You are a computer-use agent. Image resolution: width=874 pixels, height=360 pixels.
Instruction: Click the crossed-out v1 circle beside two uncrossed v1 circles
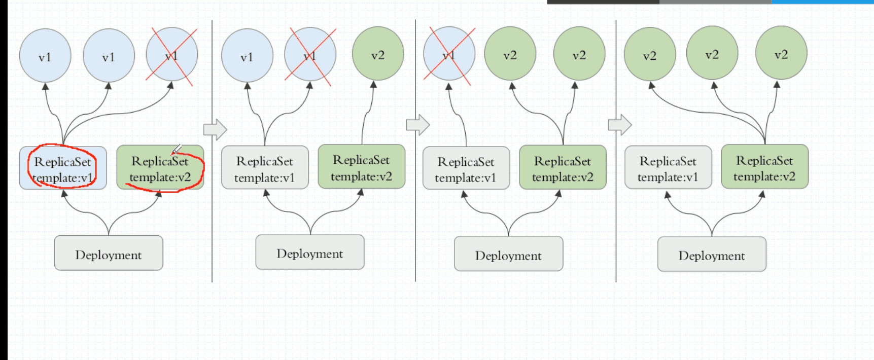point(171,55)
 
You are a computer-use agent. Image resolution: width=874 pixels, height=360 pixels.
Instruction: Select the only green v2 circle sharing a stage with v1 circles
point(377,54)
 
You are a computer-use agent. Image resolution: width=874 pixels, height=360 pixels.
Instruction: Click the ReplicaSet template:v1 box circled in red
point(63,168)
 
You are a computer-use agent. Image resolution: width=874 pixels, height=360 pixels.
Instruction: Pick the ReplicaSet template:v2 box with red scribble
point(160,168)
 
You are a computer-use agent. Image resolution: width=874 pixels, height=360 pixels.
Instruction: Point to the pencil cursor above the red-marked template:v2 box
point(177,150)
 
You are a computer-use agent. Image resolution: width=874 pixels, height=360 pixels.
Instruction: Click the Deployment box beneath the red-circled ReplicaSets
point(109,253)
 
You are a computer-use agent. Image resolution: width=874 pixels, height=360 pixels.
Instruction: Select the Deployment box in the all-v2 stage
point(712,254)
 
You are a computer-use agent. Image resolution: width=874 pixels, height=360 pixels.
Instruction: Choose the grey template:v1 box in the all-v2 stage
point(668,168)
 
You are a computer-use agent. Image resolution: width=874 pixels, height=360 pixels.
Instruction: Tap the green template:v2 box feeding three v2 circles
point(764,167)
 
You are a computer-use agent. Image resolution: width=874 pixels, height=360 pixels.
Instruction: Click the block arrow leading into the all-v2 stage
point(619,125)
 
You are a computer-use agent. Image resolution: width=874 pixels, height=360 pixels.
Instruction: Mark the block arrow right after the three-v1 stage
point(215,129)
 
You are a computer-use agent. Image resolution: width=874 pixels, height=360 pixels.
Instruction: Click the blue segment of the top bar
point(822,2)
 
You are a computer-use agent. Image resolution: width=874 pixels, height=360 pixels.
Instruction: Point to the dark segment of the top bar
point(603,2)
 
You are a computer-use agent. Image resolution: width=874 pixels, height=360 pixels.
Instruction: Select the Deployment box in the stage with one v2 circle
point(310,252)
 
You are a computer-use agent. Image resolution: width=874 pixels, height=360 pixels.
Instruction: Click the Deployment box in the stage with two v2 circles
point(508,254)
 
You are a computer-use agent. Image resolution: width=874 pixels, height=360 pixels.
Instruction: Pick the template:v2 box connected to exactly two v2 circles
point(563,168)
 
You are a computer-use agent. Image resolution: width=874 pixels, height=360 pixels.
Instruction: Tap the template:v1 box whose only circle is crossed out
point(466,168)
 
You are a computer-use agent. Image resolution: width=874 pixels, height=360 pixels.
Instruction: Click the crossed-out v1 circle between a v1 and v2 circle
point(310,54)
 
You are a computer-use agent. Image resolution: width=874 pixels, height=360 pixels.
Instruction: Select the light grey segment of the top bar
point(715,2)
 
